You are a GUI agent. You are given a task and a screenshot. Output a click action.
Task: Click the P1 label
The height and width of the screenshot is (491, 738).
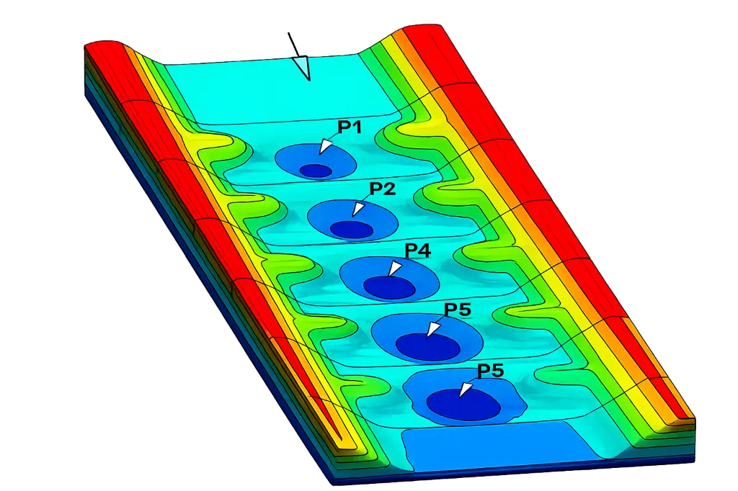pyautogui.click(x=350, y=127)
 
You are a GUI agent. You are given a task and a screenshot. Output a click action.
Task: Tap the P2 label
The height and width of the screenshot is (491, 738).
pyautogui.click(x=382, y=189)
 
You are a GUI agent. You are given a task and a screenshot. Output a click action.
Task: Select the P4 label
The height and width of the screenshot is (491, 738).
pyautogui.click(x=417, y=251)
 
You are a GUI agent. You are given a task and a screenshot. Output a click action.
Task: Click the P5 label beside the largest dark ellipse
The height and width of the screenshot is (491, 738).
pyautogui.click(x=490, y=371)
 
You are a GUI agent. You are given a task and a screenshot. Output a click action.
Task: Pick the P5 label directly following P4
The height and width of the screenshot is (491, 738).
pyautogui.click(x=458, y=310)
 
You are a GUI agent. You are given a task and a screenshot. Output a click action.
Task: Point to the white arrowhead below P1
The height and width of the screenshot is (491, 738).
pyautogui.click(x=326, y=146)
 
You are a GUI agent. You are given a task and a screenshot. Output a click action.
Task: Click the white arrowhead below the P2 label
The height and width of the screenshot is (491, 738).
pyautogui.click(x=358, y=208)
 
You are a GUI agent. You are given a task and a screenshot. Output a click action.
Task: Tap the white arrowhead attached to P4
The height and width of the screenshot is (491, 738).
pyautogui.click(x=395, y=269)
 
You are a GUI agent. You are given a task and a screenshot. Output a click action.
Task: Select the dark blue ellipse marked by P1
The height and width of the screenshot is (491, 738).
pyautogui.click(x=316, y=171)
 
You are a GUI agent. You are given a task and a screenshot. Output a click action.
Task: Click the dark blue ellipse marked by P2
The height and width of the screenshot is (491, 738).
pyautogui.click(x=352, y=229)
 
